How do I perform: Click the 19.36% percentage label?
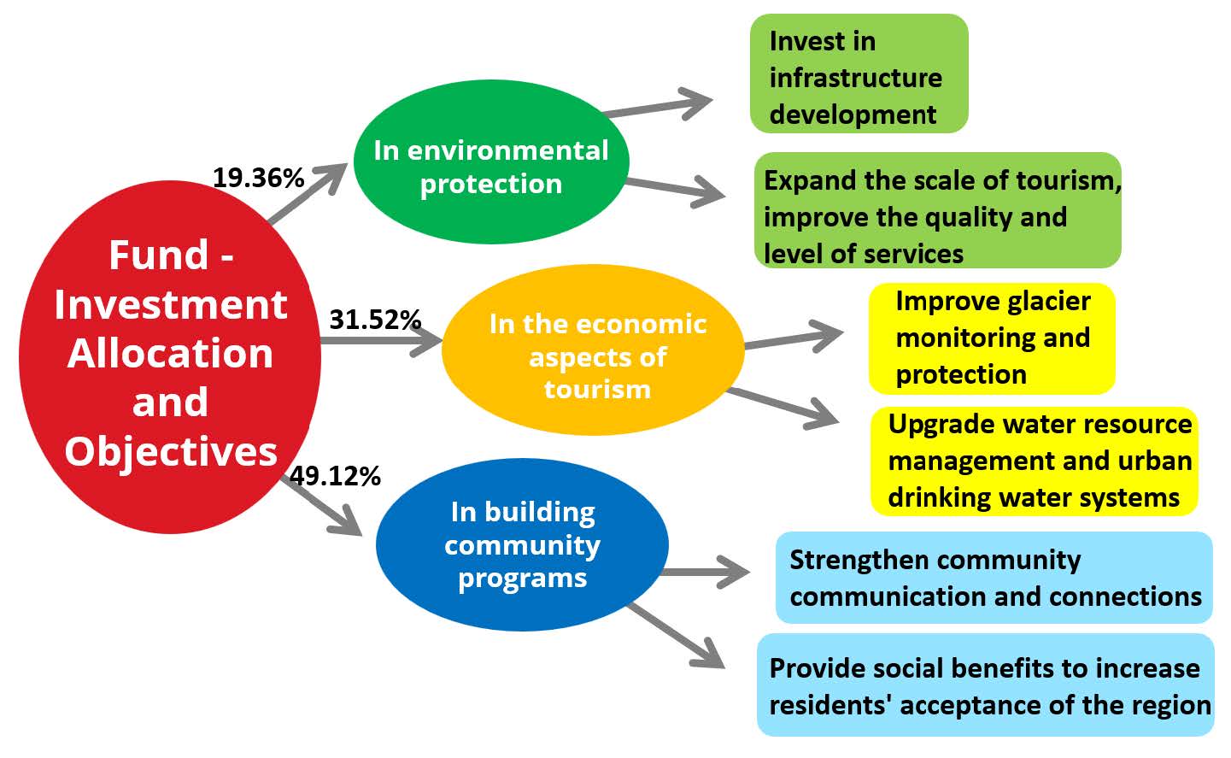click(258, 178)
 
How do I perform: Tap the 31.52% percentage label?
click(375, 320)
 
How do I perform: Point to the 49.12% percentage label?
click(335, 476)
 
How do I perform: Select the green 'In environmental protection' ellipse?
click(491, 162)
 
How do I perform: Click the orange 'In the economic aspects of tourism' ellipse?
click(593, 350)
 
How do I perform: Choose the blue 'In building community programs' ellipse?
click(522, 544)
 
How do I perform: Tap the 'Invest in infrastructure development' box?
click(859, 73)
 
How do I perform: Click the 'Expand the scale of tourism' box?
click(938, 210)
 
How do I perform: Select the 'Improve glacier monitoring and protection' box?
click(992, 338)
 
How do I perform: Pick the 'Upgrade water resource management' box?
click(1035, 461)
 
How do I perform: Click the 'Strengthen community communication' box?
click(994, 578)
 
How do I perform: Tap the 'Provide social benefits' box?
click(985, 685)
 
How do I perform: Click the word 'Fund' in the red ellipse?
click(158, 255)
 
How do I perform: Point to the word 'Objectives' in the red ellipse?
click(171, 452)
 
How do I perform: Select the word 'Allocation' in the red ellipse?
click(170, 353)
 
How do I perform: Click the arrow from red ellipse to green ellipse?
click(308, 193)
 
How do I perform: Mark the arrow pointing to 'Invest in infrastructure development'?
click(658, 104)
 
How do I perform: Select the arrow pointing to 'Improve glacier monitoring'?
click(794, 337)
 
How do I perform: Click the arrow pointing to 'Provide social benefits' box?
click(677, 636)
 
